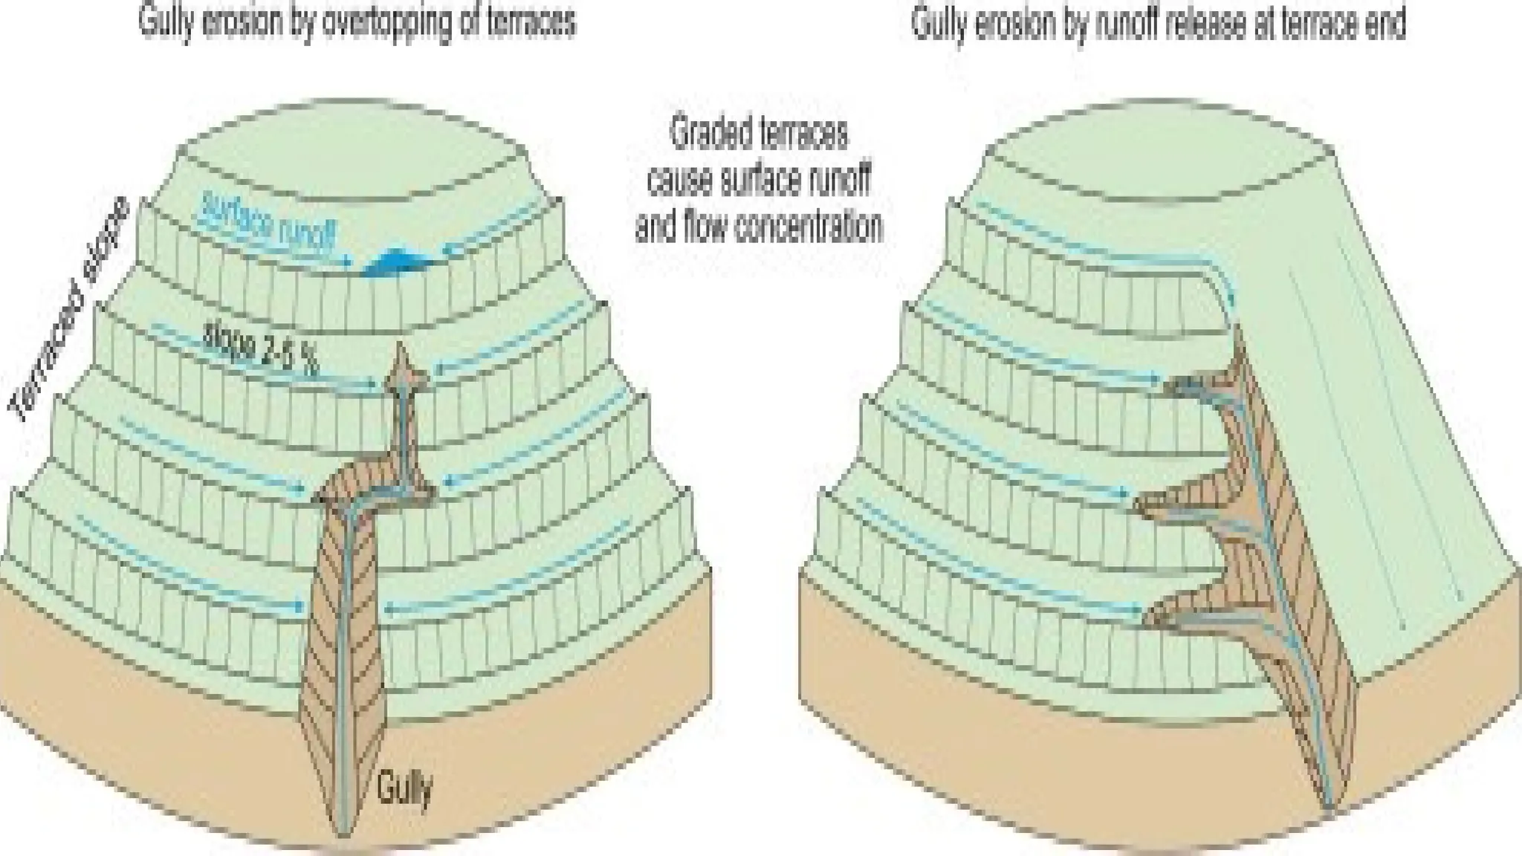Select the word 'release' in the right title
coord(1200,24)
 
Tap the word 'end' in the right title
coord(1382,24)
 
